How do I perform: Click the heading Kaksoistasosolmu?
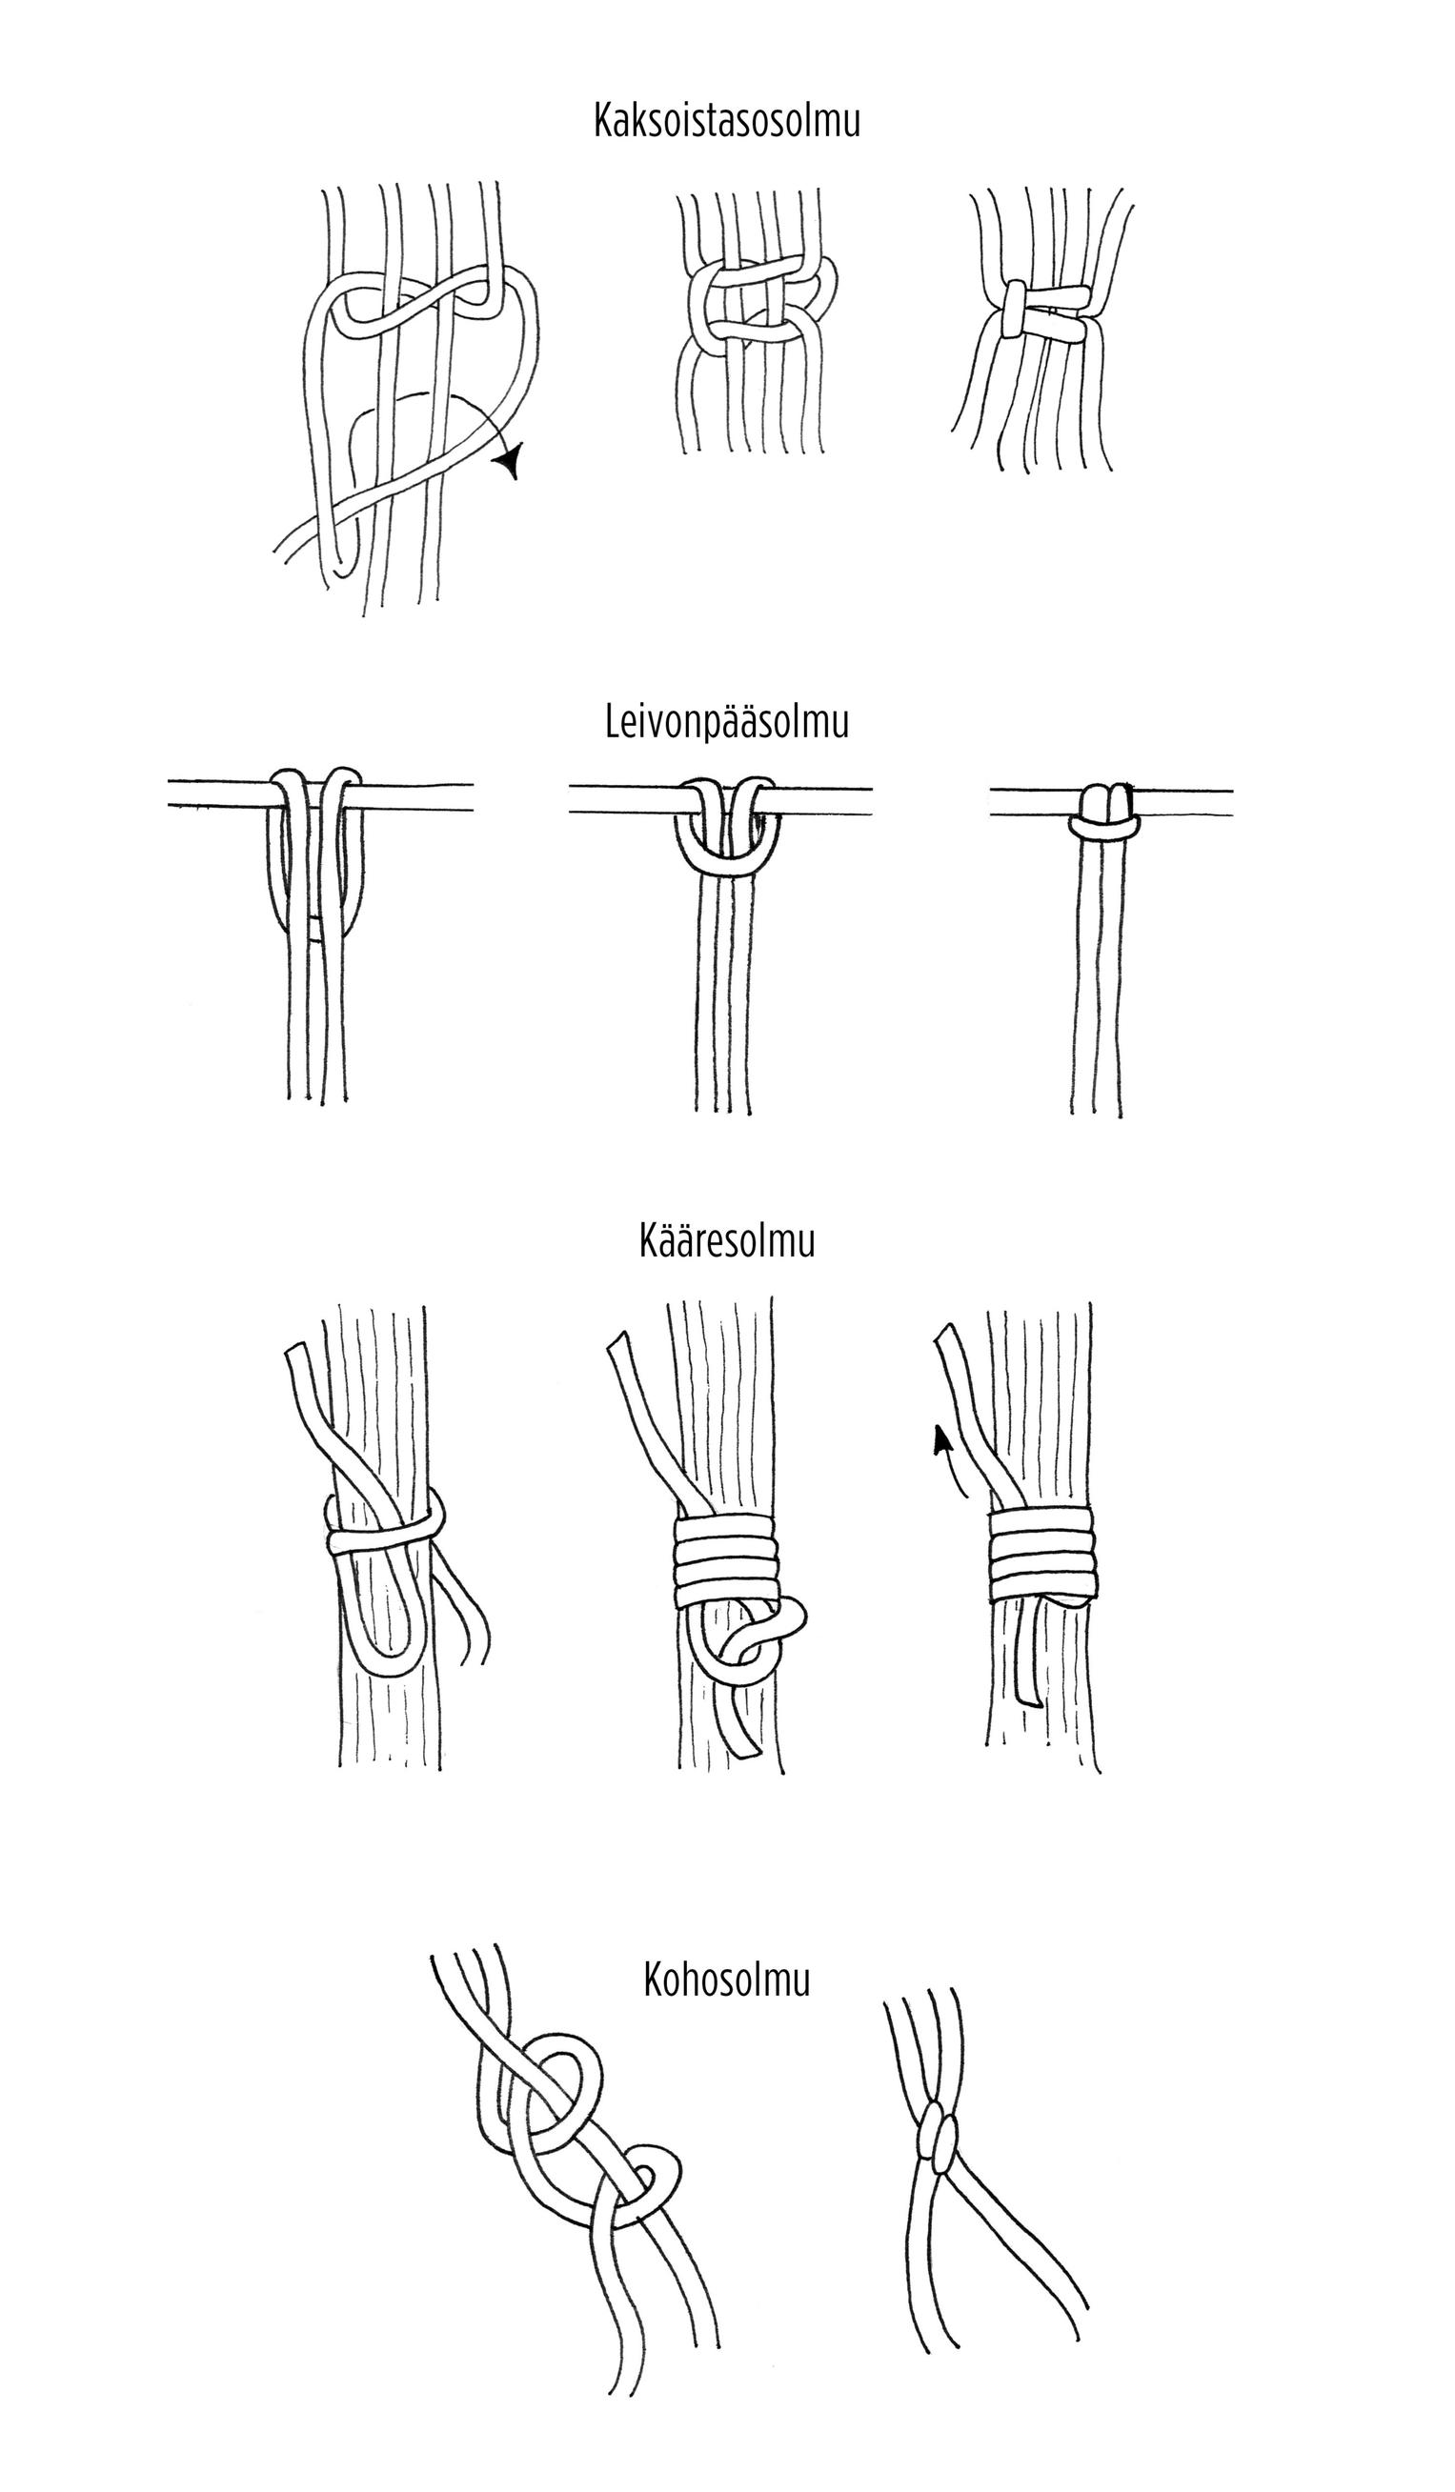(727, 121)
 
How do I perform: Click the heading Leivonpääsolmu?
(727, 723)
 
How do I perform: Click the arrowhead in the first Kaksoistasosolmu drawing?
(512, 460)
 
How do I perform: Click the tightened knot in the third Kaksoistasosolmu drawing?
(1046, 311)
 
